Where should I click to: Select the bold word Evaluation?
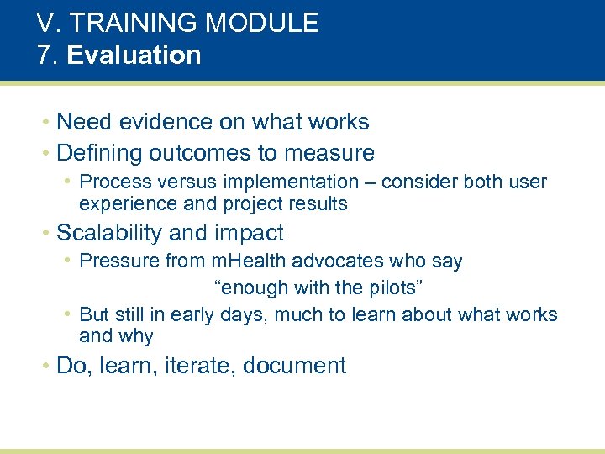(134, 55)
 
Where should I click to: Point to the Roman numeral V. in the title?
(48, 23)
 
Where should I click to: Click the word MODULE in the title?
(266, 23)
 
